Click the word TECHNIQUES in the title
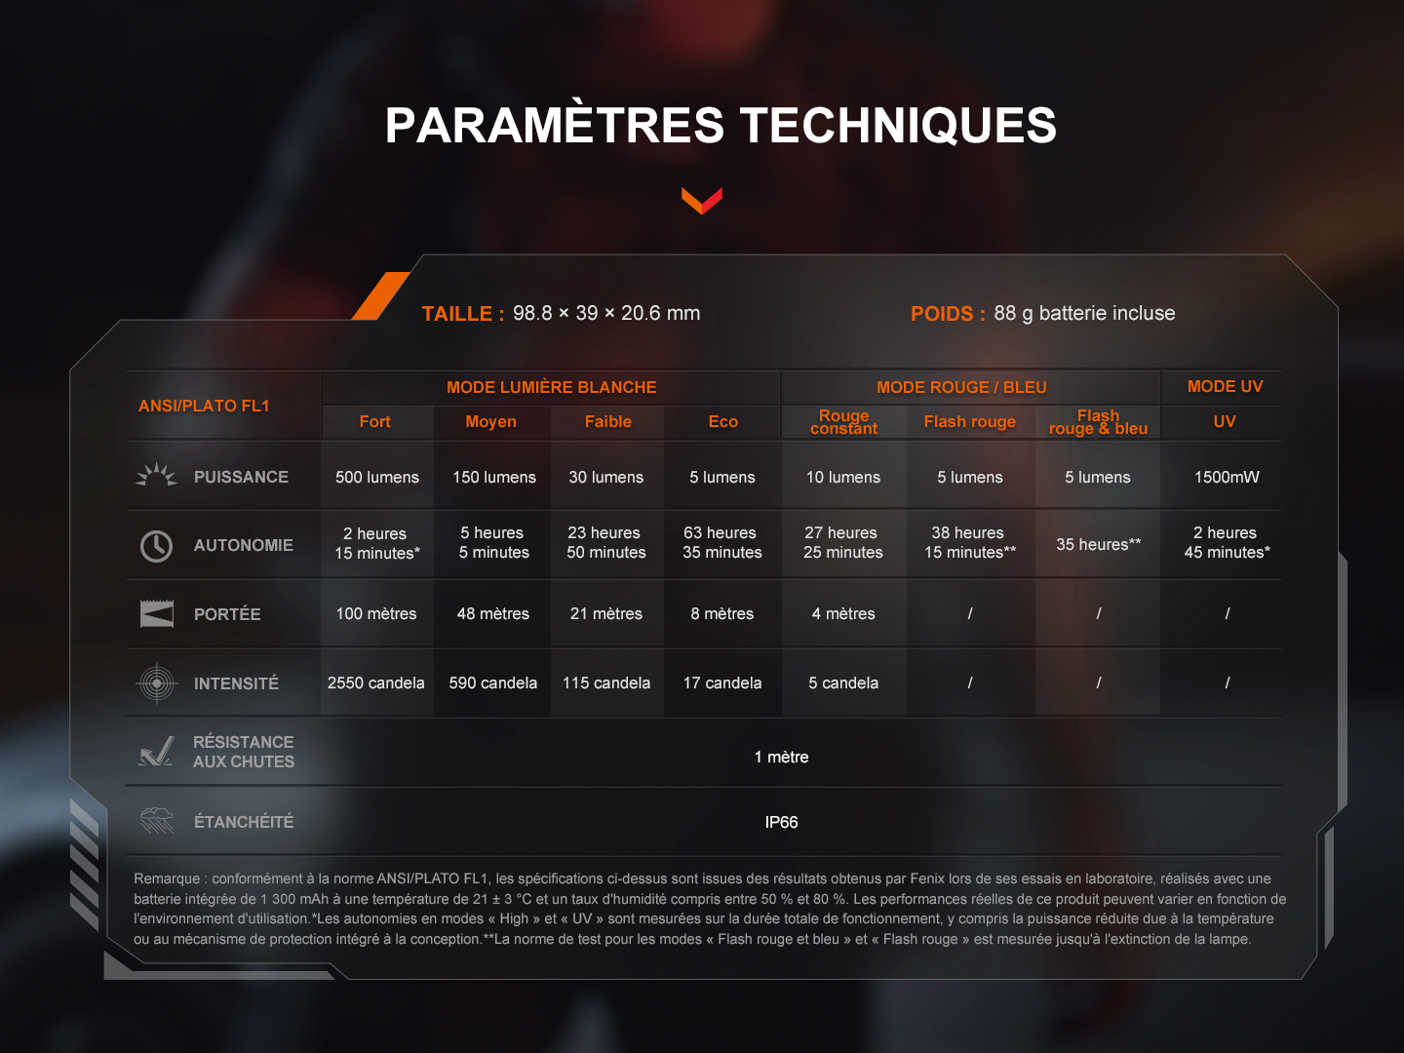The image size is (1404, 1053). click(x=897, y=126)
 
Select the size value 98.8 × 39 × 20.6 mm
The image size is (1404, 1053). click(x=606, y=313)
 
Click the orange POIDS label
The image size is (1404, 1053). click(x=943, y=314)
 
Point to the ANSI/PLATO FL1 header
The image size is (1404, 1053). click(x=204, y=406)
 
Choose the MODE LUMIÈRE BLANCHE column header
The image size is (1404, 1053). click(x=552, y=387)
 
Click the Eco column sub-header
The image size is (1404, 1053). click(x=722, y=422)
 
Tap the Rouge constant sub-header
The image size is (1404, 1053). click(x=843, y=422)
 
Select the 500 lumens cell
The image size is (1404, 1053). click(x=376, y=477)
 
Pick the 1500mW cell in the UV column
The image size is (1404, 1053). click(x=1227, y=477)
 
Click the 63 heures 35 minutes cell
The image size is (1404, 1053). click(x=722, y=542)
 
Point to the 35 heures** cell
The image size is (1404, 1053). click(x=1098, y=544)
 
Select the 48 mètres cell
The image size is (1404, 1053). click(x=492, y=614)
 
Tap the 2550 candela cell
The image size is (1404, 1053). click(x=376, y=682)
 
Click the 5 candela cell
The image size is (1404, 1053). click(x=843, y=682)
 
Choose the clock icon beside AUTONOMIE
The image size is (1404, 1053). click(x=156, y=546)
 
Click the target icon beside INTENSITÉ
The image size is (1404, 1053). click(x=156, y=683)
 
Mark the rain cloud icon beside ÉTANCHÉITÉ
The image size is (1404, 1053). click(x=157, y=820)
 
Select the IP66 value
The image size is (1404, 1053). click(x=781, y=822)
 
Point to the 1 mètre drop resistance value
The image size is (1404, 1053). click(x=781, y=757)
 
